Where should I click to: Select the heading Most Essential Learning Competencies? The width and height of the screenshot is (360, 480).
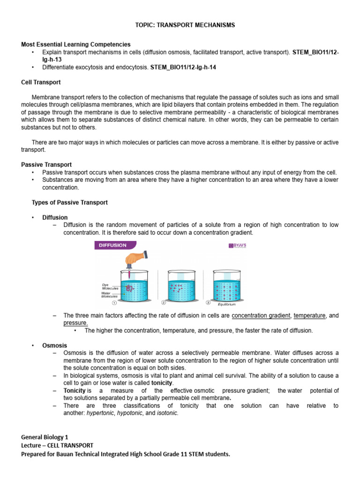70,44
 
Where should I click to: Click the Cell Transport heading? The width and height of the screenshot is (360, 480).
41,82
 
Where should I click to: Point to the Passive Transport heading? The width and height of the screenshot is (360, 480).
46,165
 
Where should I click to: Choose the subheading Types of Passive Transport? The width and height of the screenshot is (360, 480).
69,202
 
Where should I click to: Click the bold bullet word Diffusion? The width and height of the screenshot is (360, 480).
55,217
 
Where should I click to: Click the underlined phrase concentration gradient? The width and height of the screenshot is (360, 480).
261,315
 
